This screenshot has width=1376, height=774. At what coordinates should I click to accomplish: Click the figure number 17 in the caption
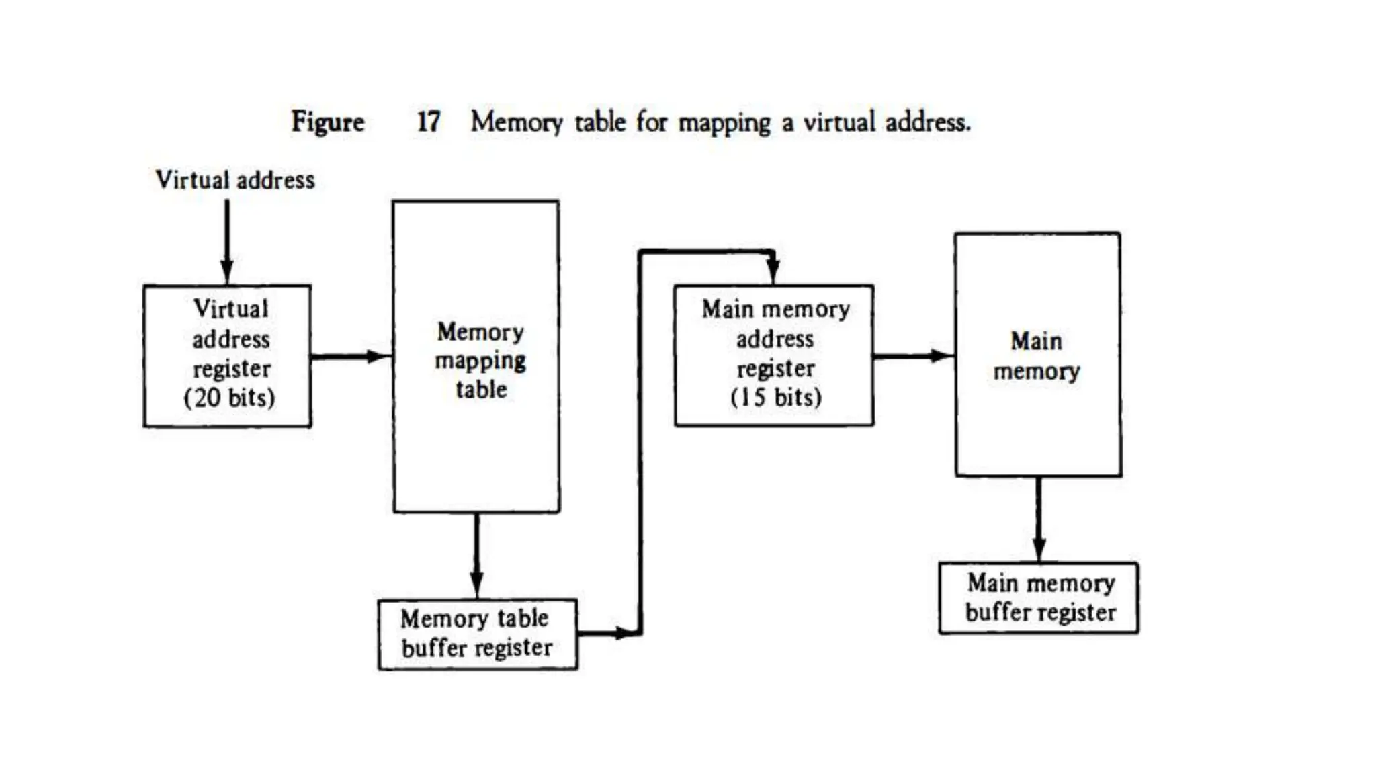click(x=428, y=122)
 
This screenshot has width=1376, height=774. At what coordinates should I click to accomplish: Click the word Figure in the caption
click(x=327, y=122)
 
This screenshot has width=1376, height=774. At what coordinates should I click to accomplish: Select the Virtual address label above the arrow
click(x=235, y=180)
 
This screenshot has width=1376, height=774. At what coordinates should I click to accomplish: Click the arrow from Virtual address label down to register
click(x=227, y=242)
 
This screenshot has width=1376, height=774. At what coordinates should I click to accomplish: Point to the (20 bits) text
click(x=230, y=397)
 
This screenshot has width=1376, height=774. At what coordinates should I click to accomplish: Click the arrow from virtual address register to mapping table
click(x=351, y=356)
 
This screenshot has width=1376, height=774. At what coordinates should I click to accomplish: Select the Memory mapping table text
click(x=480, y=361)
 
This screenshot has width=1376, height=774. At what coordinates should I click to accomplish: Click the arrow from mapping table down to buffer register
click(x=477, y=555)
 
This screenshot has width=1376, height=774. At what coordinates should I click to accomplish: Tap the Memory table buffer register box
click(x=478, y=634)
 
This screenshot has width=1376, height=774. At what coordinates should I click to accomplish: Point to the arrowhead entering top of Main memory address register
click(x=773, y=271)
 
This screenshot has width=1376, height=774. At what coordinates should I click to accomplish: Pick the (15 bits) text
click(x=776, y=397)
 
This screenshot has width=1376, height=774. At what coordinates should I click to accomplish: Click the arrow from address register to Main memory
click(x=914, y=356)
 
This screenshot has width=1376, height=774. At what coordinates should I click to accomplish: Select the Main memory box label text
click(x=1037, y=356)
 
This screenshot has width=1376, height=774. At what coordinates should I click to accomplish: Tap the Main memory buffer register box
click(x=1039, y=598)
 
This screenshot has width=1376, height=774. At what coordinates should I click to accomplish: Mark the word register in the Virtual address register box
click(x=232, y=368)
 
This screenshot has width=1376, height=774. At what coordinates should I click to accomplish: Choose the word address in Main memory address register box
click(x=775, y=339)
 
